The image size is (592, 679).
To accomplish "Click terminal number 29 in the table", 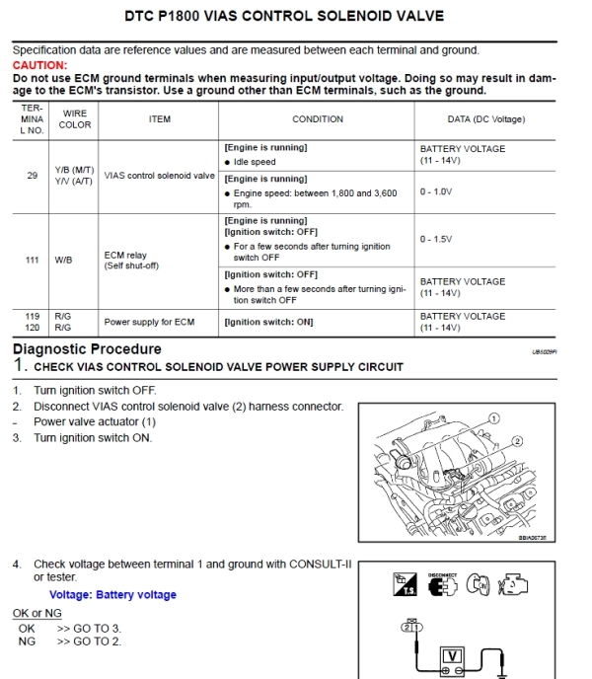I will tap(32, 175).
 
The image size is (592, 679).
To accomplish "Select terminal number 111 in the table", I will tap(32, 260).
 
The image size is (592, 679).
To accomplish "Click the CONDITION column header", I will tap(318, 119).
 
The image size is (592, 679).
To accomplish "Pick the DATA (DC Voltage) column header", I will tap(485, 119).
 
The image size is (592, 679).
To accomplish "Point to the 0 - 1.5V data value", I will tap(435, 239).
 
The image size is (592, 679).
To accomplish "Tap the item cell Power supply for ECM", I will tap(149, 322).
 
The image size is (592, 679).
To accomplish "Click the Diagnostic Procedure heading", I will tap(87, 349).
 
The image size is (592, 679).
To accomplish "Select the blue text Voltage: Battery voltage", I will tap(112, 595).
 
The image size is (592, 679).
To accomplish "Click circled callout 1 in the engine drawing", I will tap(494, 418).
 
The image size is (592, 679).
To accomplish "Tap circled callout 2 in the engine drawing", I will tap(517, 440).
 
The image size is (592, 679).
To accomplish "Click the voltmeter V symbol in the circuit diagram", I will tap(452, 655).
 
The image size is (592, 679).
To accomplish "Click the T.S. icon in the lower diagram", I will tap(406, 584).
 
